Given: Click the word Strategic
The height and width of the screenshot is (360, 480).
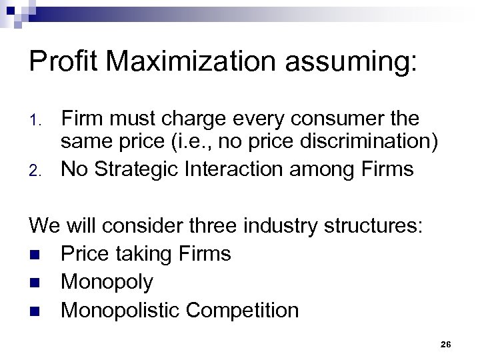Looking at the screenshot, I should coord(138,169).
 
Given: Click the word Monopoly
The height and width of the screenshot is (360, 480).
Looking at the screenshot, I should coord(107,283).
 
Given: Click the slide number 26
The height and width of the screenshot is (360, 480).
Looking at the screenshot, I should coord(446,344).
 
